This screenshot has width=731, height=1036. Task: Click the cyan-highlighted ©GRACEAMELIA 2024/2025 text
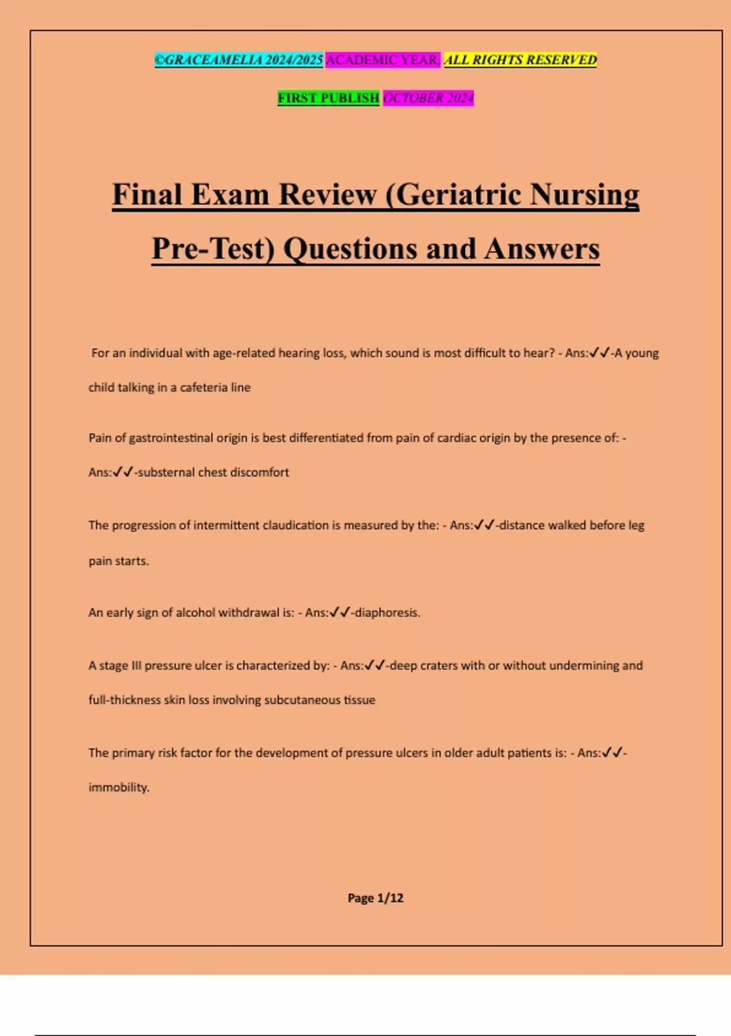click(239, 60)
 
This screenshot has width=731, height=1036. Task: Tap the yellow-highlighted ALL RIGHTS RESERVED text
click(520, 60)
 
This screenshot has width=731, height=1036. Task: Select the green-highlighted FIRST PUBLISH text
click(328, 98)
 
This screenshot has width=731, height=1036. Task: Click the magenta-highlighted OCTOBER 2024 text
click(428, 98)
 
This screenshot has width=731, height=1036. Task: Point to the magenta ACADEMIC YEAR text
click(383, 60)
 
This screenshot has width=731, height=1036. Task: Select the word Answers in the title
click(542, 249)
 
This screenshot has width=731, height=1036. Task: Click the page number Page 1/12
click(375, 898)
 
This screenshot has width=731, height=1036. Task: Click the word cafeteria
click(203, 388)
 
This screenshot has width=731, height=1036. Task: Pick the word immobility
click(119, 787)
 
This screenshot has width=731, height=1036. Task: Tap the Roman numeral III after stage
click(136, 665)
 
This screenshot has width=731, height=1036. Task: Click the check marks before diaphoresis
click(340, 612)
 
